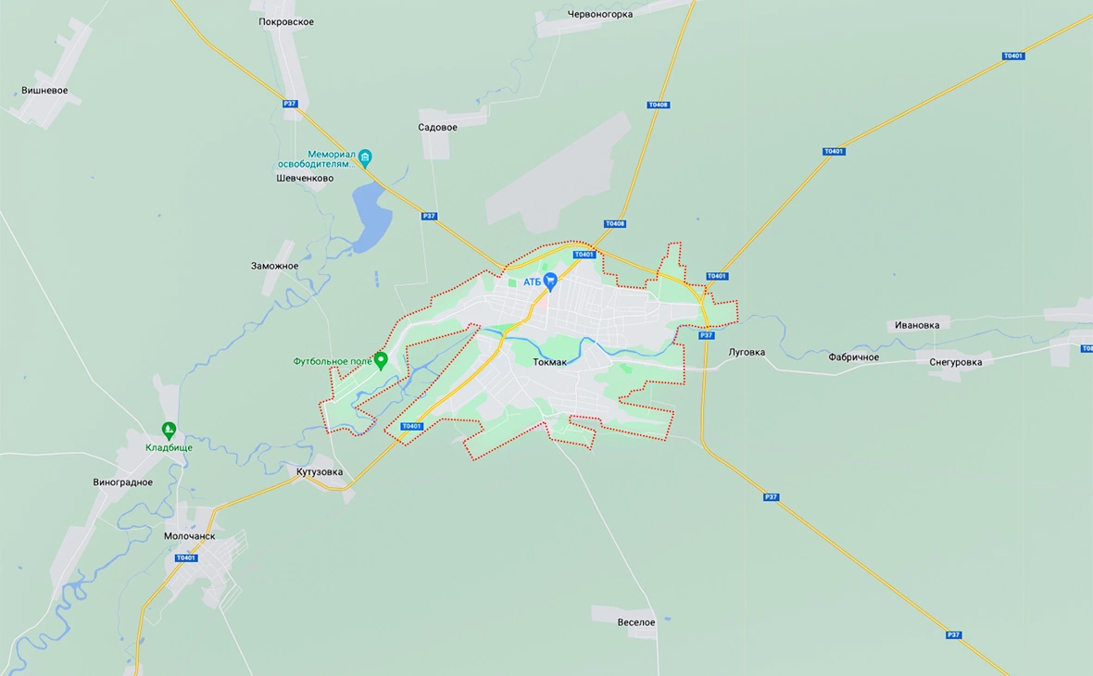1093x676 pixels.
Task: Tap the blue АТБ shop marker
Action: (x=550, y=281)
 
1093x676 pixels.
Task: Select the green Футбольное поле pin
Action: (x=381, y=359)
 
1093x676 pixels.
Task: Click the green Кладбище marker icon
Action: (x=169, y=430)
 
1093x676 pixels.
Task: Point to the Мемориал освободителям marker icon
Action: (x=365, y=156)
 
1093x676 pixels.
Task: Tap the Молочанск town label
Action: (x=189, y=536)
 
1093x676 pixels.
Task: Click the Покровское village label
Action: (x=286, y=22)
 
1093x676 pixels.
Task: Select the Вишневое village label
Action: (x=44, y=91)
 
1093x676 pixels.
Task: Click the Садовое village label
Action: (x=437, y=127)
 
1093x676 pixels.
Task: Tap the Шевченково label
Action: (x=305, y=178)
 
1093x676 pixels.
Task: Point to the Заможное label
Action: (x=274, y=266)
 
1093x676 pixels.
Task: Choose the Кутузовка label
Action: (x=320, y=472)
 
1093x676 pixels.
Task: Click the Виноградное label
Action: (x=123, y=482)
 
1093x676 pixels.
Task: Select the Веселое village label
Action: (x=636, y=622)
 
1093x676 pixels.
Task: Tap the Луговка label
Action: (x=747, y=352)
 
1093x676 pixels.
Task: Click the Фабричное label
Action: (x=853, y=357)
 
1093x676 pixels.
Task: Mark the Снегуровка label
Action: (x=956, y=362)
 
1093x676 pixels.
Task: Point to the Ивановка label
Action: (x=917, y=325)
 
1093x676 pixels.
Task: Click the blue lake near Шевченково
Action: (x=370, y=215)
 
